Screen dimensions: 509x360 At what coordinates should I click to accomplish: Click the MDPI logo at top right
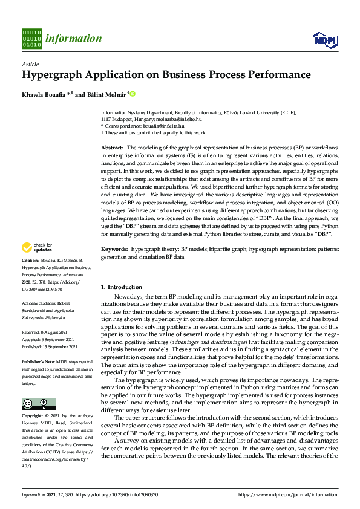tap(324, 39)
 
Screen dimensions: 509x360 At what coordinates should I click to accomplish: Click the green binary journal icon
tap(32, 38)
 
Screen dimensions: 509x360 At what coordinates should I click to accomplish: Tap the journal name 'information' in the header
tap(74, 39)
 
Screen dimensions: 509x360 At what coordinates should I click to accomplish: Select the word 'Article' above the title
tap(30, 64)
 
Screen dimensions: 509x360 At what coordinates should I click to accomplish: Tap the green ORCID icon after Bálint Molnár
tap(133, 94)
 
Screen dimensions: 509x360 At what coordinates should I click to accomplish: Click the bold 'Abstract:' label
tap(113, 148)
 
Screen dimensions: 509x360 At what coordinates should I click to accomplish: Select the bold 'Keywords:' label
tap(114, 265)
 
